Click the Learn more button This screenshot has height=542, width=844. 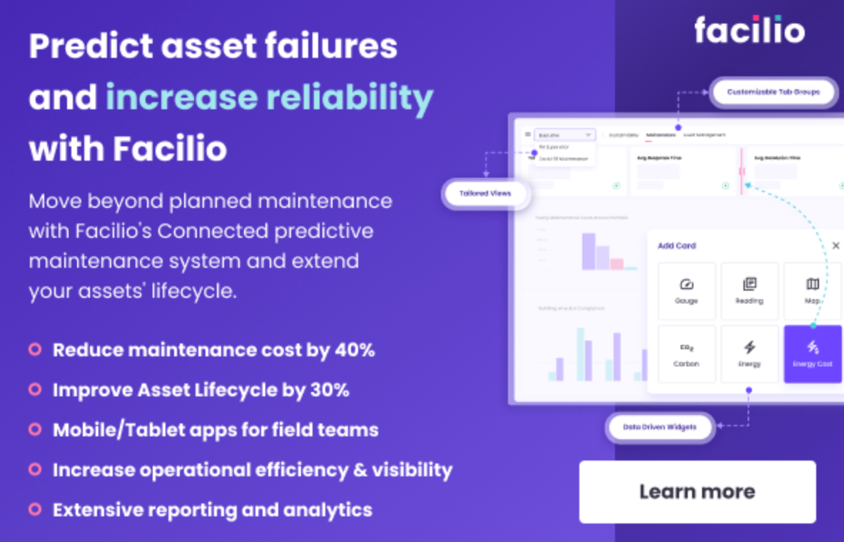pos(697,491)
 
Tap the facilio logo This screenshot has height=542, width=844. pos(748,30)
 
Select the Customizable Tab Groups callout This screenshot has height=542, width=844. pos(773,91)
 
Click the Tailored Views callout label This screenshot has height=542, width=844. pos(484,194)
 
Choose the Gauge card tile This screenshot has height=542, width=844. pos(686,291)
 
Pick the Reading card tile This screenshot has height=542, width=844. pos(749,291)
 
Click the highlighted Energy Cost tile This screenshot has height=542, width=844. pos(813,354)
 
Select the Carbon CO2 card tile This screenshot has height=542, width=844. pos(686,354)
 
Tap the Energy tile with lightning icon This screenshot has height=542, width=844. pos(749,354)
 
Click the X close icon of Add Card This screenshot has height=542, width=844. pos(835,246)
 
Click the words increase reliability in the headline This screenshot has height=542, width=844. pos(269,98)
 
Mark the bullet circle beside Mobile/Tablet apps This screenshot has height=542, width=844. pos(34,429)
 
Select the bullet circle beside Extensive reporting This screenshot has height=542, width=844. pos(34,509)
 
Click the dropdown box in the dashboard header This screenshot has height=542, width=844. pos(564,134)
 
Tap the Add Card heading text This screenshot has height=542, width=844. pos(676,246)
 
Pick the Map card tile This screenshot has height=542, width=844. pos(813,291)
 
